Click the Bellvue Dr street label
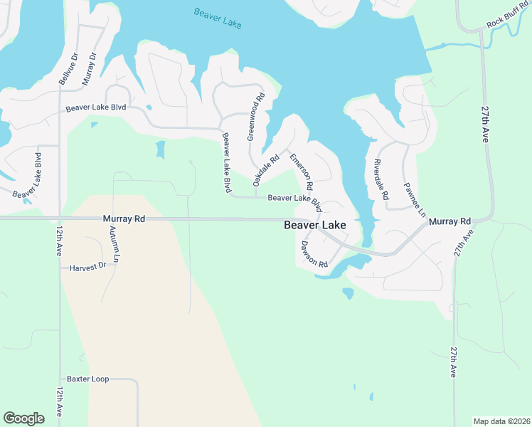coord(68,69)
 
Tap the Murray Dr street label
coord(89,69)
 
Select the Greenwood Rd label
coord(255,116)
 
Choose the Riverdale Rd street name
coord(381,179)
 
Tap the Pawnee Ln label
coord(415,200)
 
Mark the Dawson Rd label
coord(314,254)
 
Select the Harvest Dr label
coord(87,267)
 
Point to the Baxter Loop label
coord(88,379)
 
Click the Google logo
coord(24,418)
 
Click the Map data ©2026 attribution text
coord(501,421)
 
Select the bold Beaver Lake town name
coord(315,225)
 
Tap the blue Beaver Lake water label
coord(218,19)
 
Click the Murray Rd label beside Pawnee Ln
coord(450,222)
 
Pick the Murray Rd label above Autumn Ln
coord(124,219)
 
